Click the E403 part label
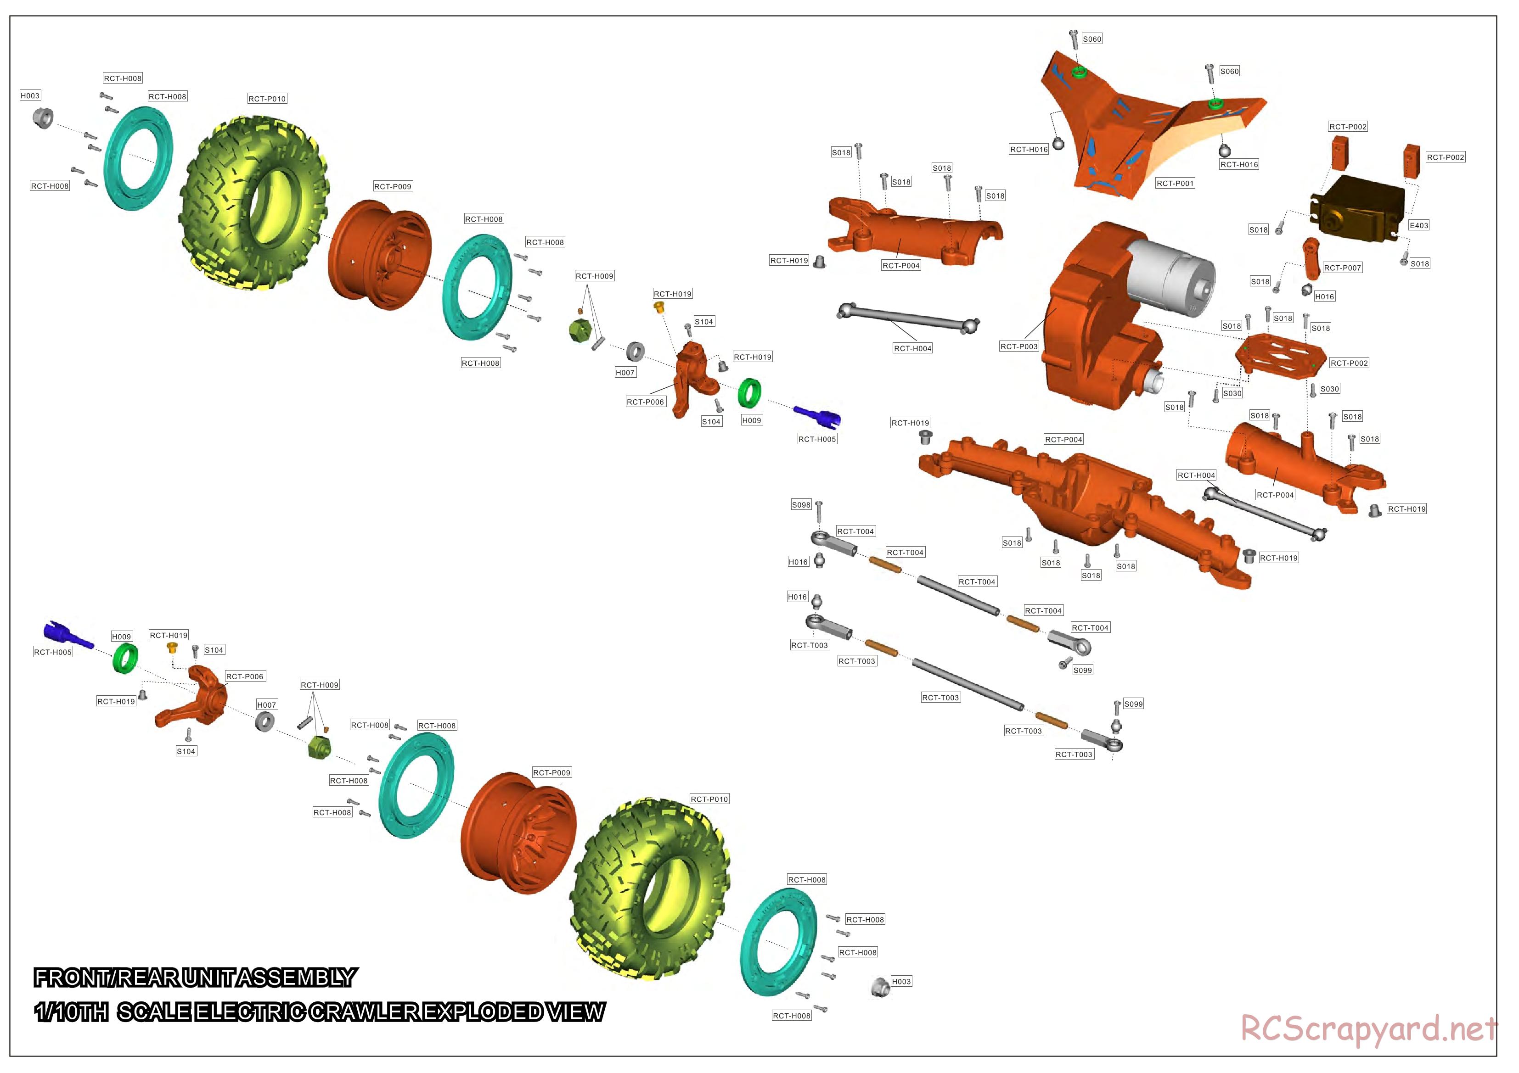coord(1418,225)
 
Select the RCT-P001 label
coord(1175,183)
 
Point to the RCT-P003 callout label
coord(1019,346)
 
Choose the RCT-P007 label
coord(1342,268)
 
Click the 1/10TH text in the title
coord(72,1012)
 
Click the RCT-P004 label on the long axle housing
coord(1063,440)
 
